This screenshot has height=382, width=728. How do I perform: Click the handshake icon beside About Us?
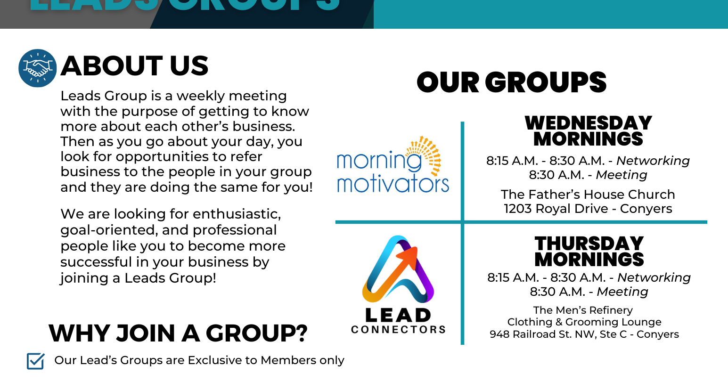[38, 68]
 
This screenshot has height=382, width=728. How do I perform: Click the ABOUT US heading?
[135, 66]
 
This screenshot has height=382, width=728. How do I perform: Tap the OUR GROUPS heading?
[511, 82]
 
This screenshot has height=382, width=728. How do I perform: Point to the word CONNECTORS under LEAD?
[398, 330]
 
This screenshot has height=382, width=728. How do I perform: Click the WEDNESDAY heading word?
[589, 123]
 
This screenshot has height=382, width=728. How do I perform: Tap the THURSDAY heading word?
[589, 244]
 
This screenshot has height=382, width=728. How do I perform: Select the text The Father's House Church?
[588, 195]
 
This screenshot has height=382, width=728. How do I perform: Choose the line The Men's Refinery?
[583, 310]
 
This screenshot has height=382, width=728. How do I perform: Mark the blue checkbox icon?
[36, 361]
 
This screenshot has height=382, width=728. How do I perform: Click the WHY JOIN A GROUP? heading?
[178, 333]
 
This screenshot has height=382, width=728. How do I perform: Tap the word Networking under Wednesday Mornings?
[653, 161]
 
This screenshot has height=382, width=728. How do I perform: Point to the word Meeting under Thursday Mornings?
[622, 292]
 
